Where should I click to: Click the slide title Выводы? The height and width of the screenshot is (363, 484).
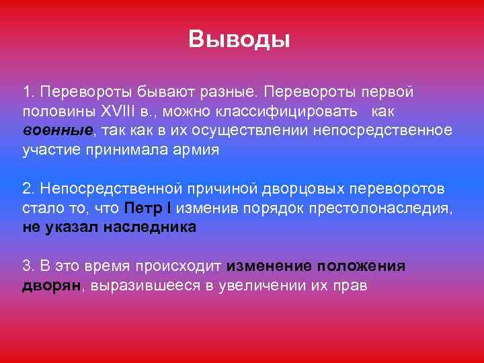click(239, 40)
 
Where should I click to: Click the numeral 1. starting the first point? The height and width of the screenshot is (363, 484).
click(27, 90)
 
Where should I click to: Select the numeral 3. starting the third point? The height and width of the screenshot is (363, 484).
click(27, 266)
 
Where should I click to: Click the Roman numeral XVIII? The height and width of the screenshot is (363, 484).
click(117, 110)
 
